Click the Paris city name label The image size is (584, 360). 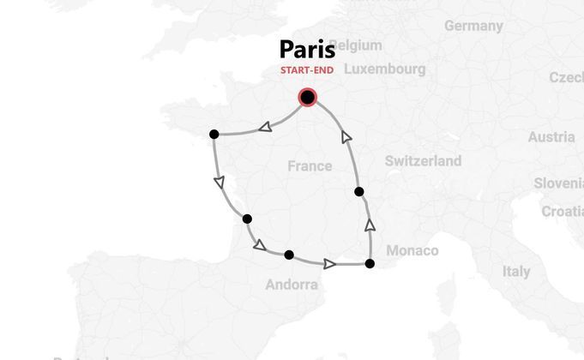tap(307, 49)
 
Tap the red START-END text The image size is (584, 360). tap(307, 70)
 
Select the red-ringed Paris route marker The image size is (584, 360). tap(307, 97)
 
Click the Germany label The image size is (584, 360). tap(473, 26)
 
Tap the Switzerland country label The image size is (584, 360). tap(423, 160)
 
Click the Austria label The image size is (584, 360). tap(551, 137)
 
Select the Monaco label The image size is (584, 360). tap(412, 250)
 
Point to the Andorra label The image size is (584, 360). tap(292, 285)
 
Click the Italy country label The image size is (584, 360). tap(516, 271)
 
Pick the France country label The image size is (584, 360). tap(310, 165)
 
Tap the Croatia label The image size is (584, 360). tap(563, 211)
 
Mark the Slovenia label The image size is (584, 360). tap(559, 183)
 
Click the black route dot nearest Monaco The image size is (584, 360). tap(370, 263)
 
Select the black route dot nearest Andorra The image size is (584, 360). tap(289, 255)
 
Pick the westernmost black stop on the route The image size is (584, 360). tap(214, 134)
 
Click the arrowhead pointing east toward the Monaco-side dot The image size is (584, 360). tap(328, 264)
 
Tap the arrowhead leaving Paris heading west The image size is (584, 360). tap(265, 128)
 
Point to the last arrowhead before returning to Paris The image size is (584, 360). tap(346, 136)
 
